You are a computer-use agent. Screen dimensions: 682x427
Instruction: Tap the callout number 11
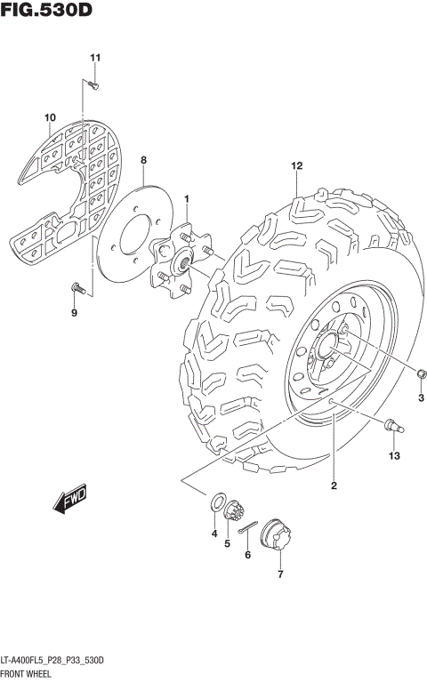(x=95, y=59)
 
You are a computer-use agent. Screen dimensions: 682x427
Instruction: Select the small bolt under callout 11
(x=93, y=85)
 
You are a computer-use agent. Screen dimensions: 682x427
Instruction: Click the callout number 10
(x=50, y=117)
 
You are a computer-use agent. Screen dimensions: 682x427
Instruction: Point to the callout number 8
(x=142, y=160)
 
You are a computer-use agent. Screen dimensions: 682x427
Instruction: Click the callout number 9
(x=74, y=313)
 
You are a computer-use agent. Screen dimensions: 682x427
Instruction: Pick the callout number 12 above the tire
(x=296, y=166)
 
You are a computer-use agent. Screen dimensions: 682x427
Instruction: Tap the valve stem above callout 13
(x=391, y=427)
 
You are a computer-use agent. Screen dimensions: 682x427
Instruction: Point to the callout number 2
(x=334, y=485)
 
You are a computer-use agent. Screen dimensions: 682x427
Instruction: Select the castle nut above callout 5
(x=236, y=514)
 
